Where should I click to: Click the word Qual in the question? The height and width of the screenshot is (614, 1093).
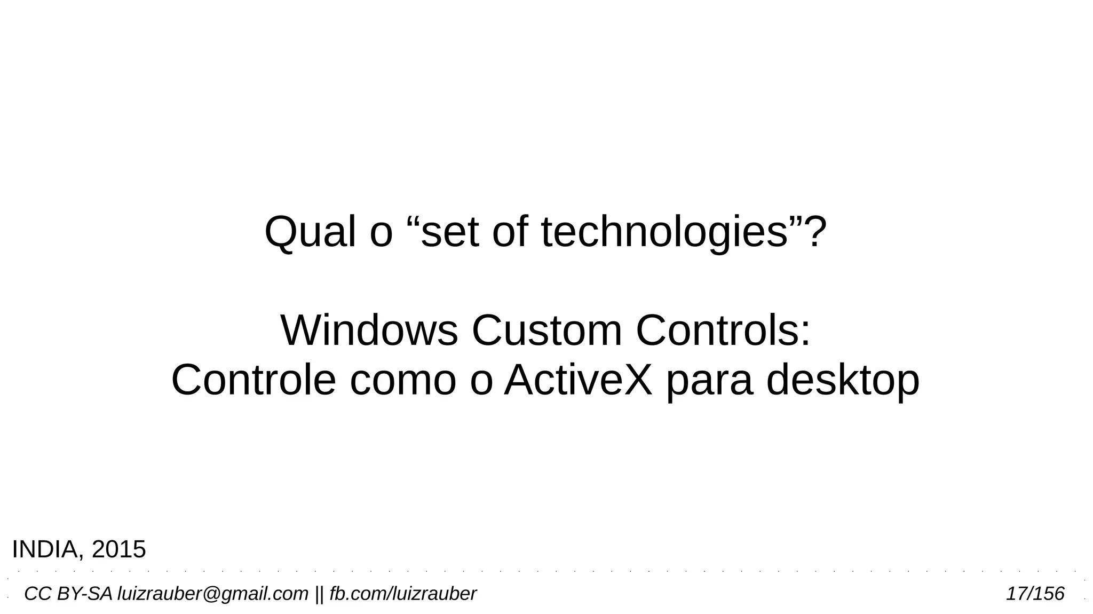(x=310, y=233)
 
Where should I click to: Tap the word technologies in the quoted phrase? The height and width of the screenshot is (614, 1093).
(x=664, y=233)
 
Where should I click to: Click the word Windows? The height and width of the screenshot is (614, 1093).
(x=369, y=331)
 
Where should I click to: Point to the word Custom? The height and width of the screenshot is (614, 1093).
(x=547, y=331)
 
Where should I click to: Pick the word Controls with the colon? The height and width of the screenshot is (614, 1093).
(x=723, y=331)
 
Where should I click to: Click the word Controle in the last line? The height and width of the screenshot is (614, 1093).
(x=254, y=380)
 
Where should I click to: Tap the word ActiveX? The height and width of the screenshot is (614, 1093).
(x=578, y=380)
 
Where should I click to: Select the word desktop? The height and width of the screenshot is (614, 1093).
(x=843, y=380)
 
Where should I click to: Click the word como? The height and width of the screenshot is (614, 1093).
(x=403, y=380)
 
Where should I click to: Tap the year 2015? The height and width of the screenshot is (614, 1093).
(x=118, y=549)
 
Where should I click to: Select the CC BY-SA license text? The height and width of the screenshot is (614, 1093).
(x=68, y=594)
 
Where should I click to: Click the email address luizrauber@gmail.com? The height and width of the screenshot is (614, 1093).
(x=212, y=594)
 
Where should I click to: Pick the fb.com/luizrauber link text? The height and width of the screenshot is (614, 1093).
(x=402, y=594)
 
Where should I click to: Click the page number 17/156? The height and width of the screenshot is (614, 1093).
(x=1035, y=594)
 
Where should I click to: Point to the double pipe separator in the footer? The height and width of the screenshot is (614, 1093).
(x=319, y=594)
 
